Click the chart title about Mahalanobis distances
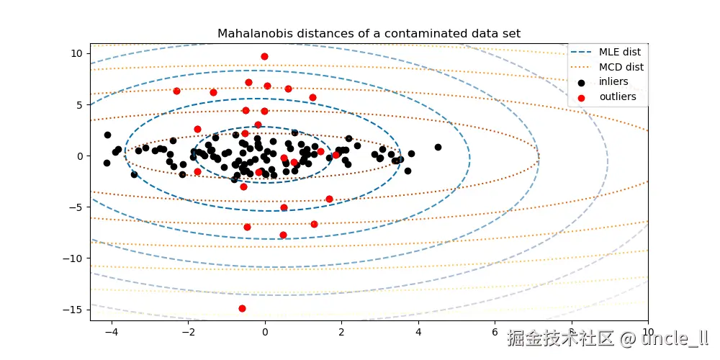pyautogui.click(x=369, y=33)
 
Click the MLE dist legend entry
pyautogui.click(x=619, y=52)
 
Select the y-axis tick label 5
pyautogui.click(x=80, y=104)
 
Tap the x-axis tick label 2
pyautogui.click(x=341, y=332)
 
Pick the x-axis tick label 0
pyautogui.click(x=265, y=332)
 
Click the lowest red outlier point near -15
pyautogui.click(x=242, y=308)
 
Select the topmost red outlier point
pyautogui.click(x=264, y=56)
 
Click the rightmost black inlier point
pyautogui.click(x=438, y=147)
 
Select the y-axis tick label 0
pyautogui.click(x=80, y=156)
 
